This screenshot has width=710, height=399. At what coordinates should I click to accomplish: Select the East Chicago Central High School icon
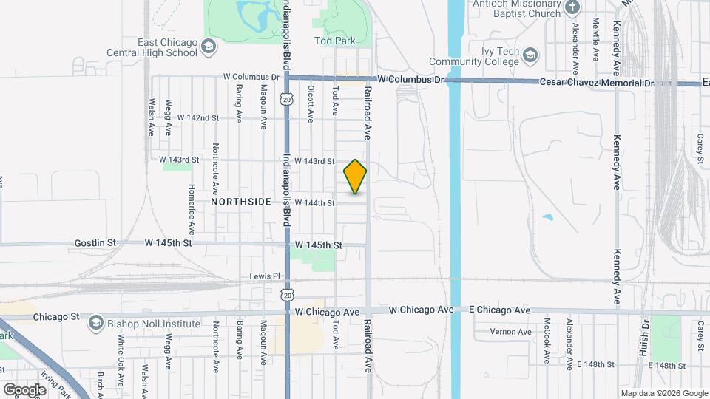209,47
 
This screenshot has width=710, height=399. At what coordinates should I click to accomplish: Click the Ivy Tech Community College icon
530,55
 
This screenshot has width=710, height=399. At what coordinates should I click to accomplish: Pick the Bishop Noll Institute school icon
96,323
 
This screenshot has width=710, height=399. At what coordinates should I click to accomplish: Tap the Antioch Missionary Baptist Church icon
572,7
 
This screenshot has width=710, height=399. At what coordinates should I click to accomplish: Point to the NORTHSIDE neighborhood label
240,202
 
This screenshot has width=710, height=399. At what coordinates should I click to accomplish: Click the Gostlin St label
95,242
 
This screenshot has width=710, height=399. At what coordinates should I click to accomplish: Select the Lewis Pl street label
266,276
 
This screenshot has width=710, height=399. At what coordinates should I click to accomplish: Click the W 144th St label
315,202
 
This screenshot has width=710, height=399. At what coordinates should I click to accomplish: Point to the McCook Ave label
547,341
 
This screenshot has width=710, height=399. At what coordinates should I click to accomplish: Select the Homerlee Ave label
192,209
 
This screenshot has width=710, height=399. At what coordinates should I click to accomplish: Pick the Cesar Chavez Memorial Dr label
598,83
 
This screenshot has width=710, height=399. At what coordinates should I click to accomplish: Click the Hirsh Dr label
644,338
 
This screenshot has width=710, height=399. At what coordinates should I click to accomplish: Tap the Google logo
24,389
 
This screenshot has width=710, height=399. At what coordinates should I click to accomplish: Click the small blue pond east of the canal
547,218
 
